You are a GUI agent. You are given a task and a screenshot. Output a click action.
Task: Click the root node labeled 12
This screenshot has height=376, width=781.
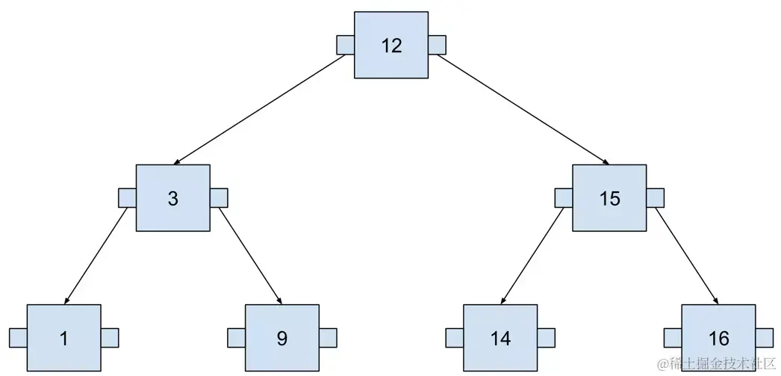click(391, 45)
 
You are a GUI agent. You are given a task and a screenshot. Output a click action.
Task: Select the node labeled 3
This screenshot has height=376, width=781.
click(173, 198)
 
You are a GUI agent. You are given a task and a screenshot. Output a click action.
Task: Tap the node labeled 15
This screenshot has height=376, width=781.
click(609, 198)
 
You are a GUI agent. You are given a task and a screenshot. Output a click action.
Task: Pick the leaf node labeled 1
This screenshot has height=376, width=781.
click(64, 338)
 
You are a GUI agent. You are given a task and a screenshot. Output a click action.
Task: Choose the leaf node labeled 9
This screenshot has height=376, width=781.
click(282, 338)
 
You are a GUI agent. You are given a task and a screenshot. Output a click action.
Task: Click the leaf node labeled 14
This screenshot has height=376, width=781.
click(500, 338)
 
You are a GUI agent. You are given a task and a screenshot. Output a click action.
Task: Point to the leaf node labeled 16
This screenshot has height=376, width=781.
click(718, 338)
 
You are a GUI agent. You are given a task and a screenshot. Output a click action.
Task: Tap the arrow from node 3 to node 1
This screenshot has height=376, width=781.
click(96, 257)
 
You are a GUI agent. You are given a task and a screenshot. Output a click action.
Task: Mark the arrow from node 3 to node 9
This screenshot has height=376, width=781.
click(249, 257)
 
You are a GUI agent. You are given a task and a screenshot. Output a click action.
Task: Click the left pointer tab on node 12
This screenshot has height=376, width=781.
click(345, 45)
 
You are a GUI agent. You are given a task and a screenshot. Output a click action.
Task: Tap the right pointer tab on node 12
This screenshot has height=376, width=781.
click(437, 45)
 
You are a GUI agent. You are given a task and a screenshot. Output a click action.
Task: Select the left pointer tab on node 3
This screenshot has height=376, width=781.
click(127, 198)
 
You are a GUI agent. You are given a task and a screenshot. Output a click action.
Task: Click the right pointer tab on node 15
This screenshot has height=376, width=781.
click(655, 198)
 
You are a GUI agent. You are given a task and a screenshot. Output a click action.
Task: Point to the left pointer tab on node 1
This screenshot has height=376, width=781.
click(18, 338)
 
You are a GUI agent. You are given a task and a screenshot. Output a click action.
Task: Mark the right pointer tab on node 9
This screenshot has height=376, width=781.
click(328, 338)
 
